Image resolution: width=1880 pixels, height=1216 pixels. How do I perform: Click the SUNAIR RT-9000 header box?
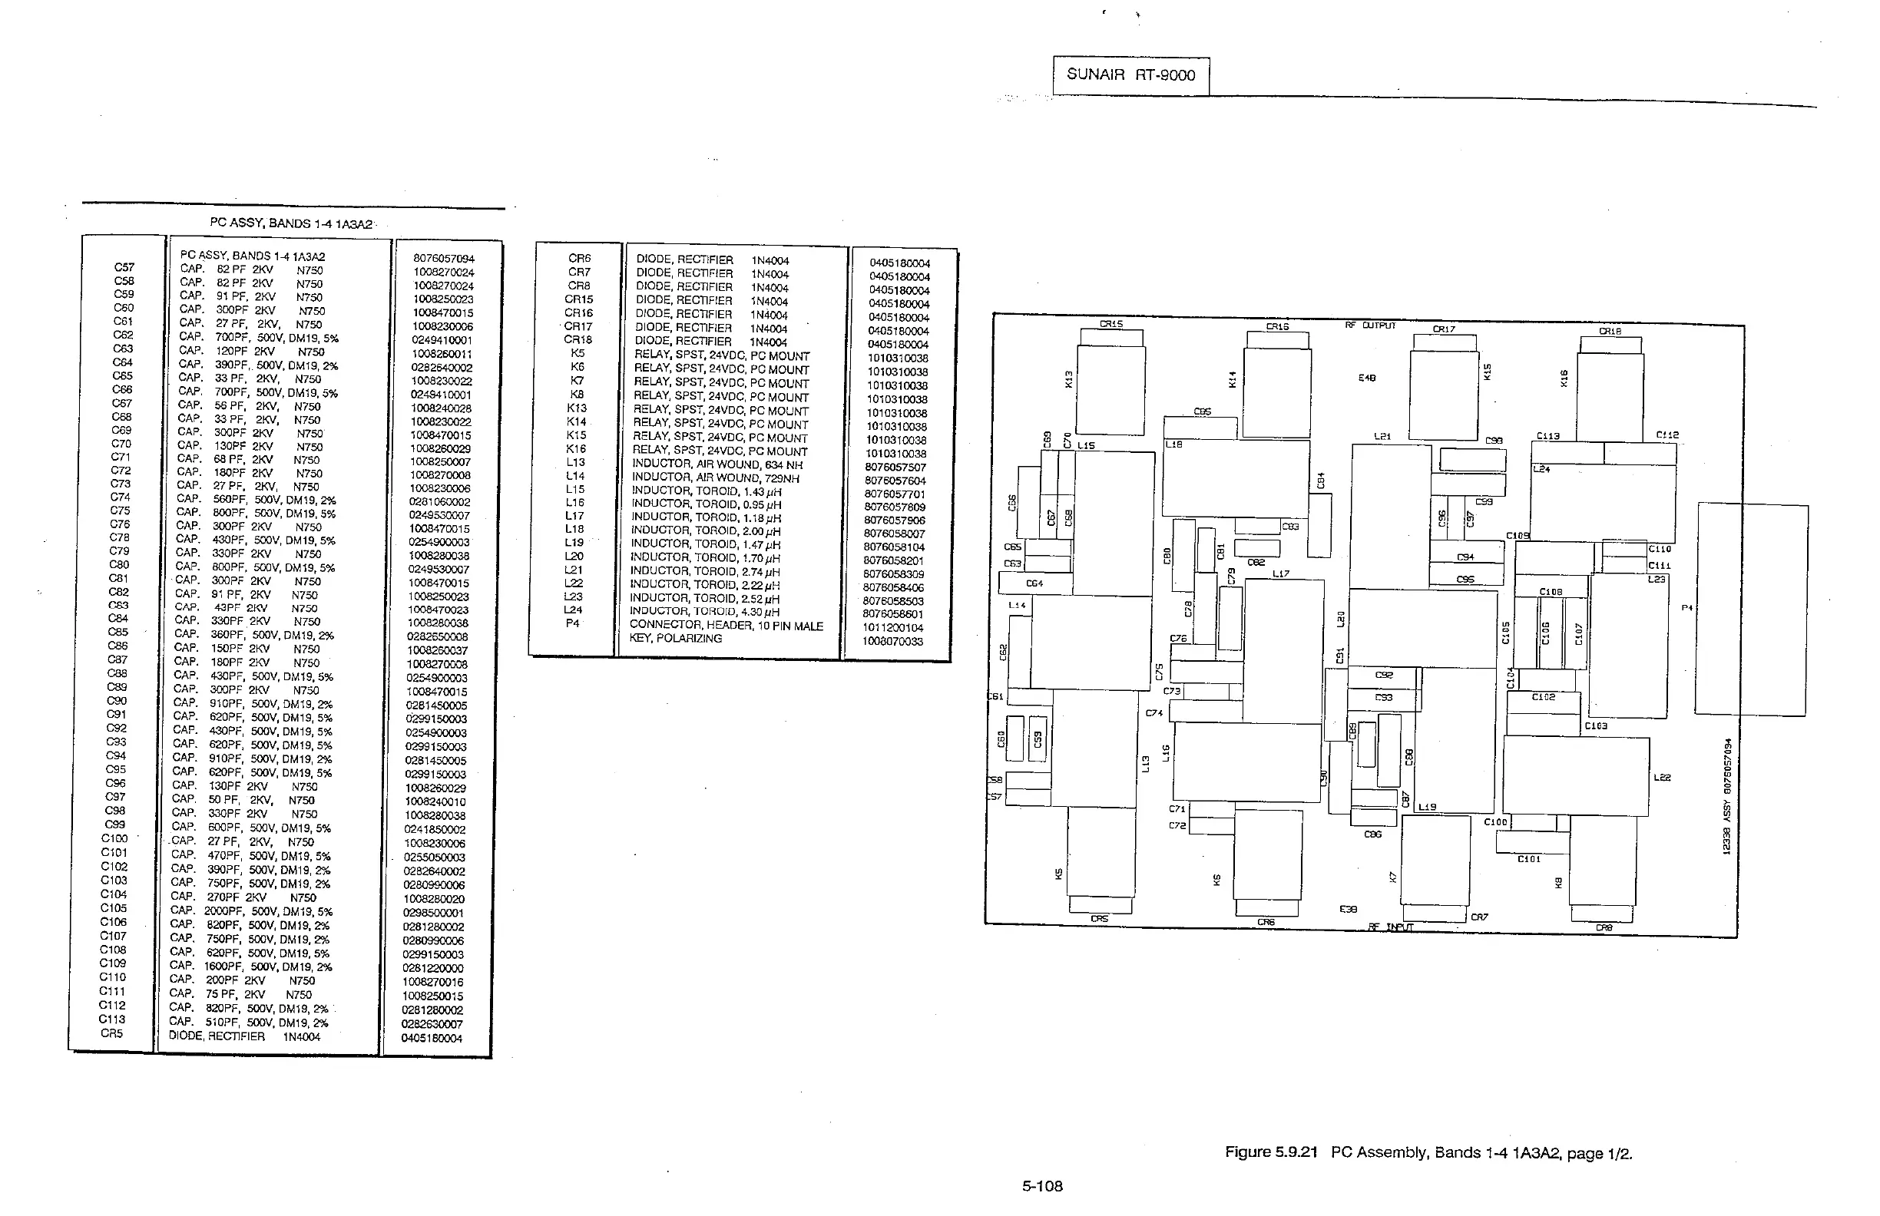click(x=1130, y=75)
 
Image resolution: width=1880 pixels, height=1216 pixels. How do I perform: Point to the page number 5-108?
click(x=1042, y=1186)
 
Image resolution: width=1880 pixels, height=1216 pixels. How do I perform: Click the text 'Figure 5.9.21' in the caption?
click(x=1271, y=1152)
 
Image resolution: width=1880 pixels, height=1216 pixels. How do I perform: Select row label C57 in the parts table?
click(x=124, y=268)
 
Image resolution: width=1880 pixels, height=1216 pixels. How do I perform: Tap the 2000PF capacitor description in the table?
click(x=251, y=911)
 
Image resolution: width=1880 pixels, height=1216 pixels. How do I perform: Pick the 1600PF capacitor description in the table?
click(x=251, y=967)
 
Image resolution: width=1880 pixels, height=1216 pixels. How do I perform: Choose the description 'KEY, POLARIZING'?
click(x=675, y=638)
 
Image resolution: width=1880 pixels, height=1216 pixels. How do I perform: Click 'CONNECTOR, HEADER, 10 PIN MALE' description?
click(x=726, y=626)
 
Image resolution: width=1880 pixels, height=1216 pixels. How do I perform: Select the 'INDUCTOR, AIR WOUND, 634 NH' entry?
click(x=717, y=464)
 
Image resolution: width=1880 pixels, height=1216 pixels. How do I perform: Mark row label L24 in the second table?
click(x=573, y=610)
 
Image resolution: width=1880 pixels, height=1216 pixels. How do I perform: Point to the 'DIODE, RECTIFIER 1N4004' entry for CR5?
click(x=244, y=1036)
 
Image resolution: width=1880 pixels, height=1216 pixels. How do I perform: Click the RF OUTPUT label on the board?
click(x=1371, y=325)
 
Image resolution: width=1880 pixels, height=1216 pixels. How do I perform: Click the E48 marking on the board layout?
click(x=1366, y=378)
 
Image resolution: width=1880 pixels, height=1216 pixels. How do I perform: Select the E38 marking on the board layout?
click(x=1349, y=910)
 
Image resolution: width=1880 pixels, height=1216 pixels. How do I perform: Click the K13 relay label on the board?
click(x=1069, y=380)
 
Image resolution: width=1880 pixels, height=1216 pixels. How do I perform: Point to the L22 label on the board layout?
click(x=1662, y=778)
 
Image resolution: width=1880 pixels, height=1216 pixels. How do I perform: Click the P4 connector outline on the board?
click(x=1750, y=609)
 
